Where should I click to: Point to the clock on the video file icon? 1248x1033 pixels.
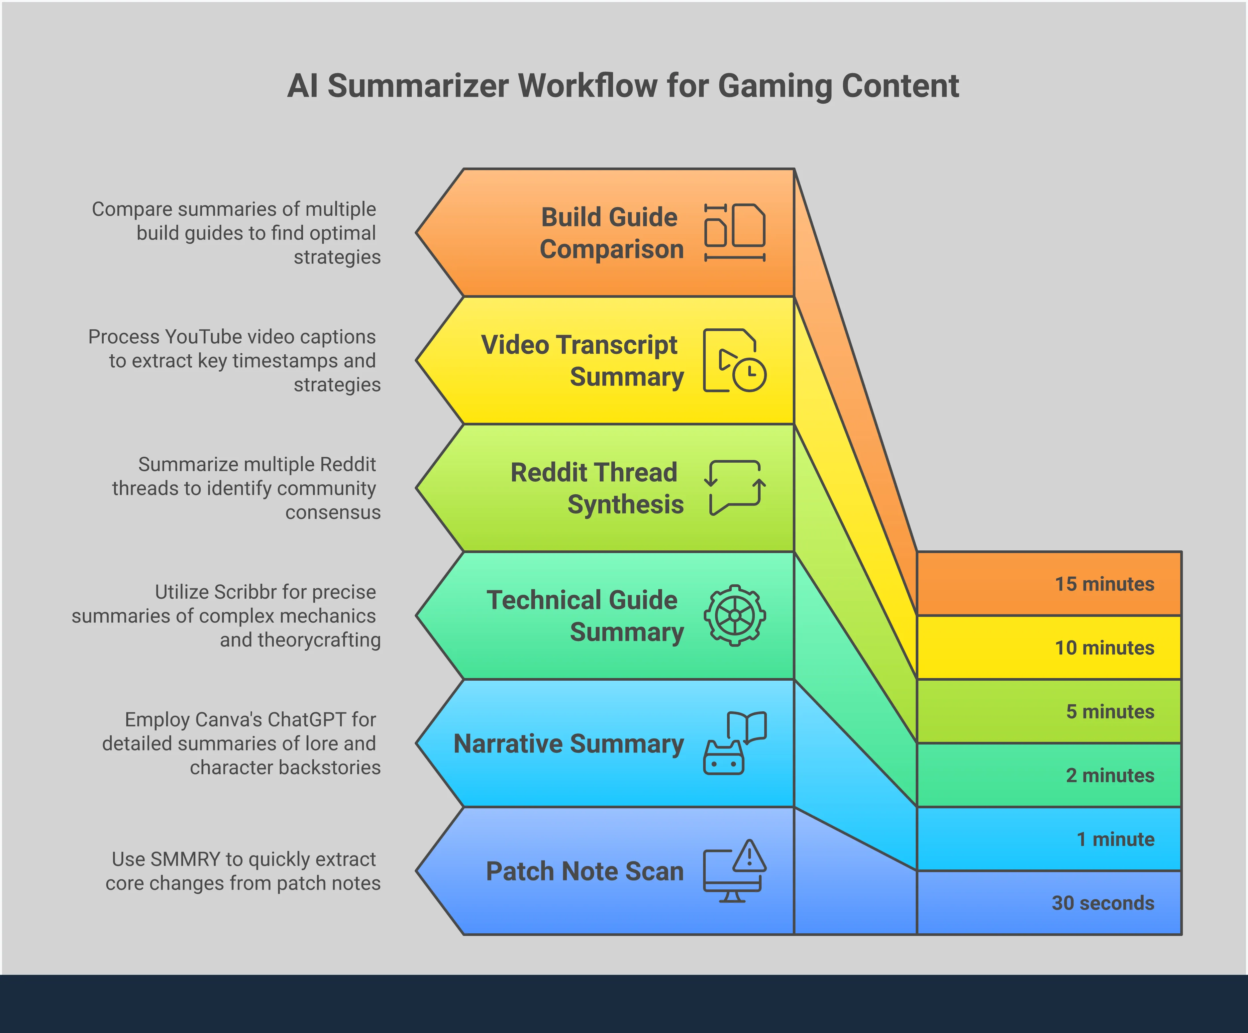749,375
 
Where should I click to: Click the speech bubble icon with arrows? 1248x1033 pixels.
735,487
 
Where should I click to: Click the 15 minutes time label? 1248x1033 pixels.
1104,584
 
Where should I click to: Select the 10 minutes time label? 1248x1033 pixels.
1104,648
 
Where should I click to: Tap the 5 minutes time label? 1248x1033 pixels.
1109,712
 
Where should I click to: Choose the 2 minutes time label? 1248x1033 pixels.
1109,776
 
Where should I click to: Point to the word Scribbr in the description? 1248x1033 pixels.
244,592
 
